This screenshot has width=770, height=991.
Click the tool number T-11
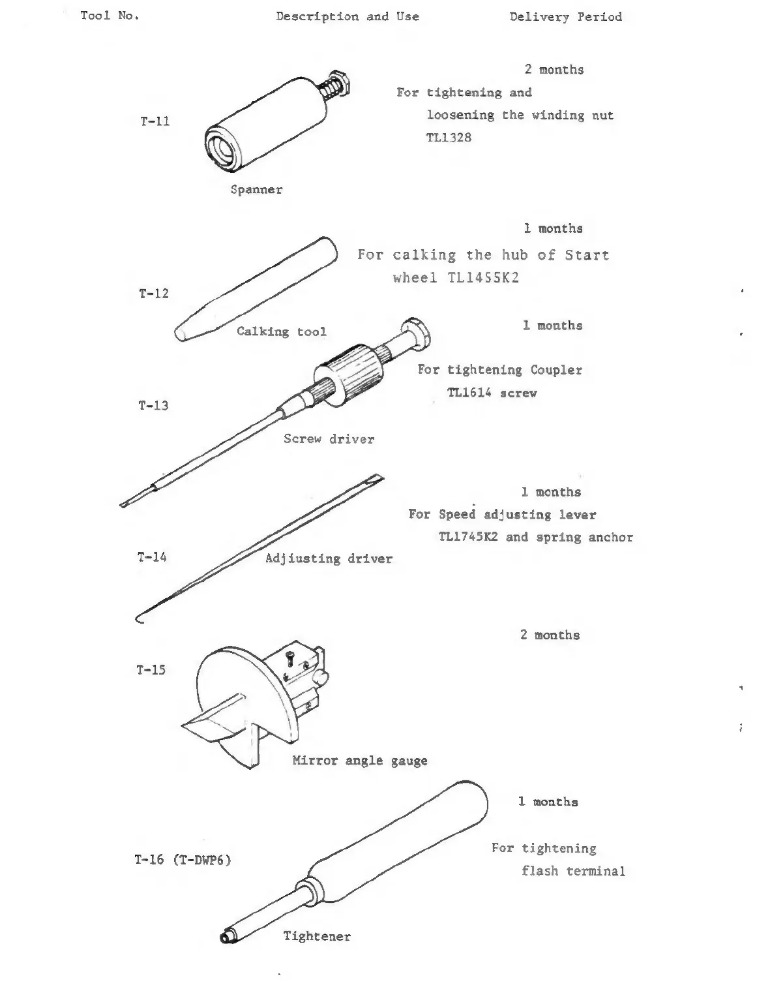click(x=155, y=121)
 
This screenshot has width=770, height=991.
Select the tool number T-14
click(x=152, y=557)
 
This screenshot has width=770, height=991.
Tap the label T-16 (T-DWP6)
click(x=183, y=860)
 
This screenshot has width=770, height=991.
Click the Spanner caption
click(x=256, y=190)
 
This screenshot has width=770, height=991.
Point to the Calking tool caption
click(x=281, y=331)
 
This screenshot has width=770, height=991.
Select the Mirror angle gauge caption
click(x=359, y=761)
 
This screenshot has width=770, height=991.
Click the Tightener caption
click(x=317, y=936)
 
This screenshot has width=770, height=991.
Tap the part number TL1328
click(x=449, y=138)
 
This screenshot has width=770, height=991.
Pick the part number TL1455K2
click(x=483, y=278)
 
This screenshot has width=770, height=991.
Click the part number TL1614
click(x=469, y=393)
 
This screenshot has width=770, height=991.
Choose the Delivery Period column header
click(x=565, y=17)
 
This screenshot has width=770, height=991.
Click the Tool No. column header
click(x=110, y=16)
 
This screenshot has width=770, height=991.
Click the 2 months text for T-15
click(x=550, y=635)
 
